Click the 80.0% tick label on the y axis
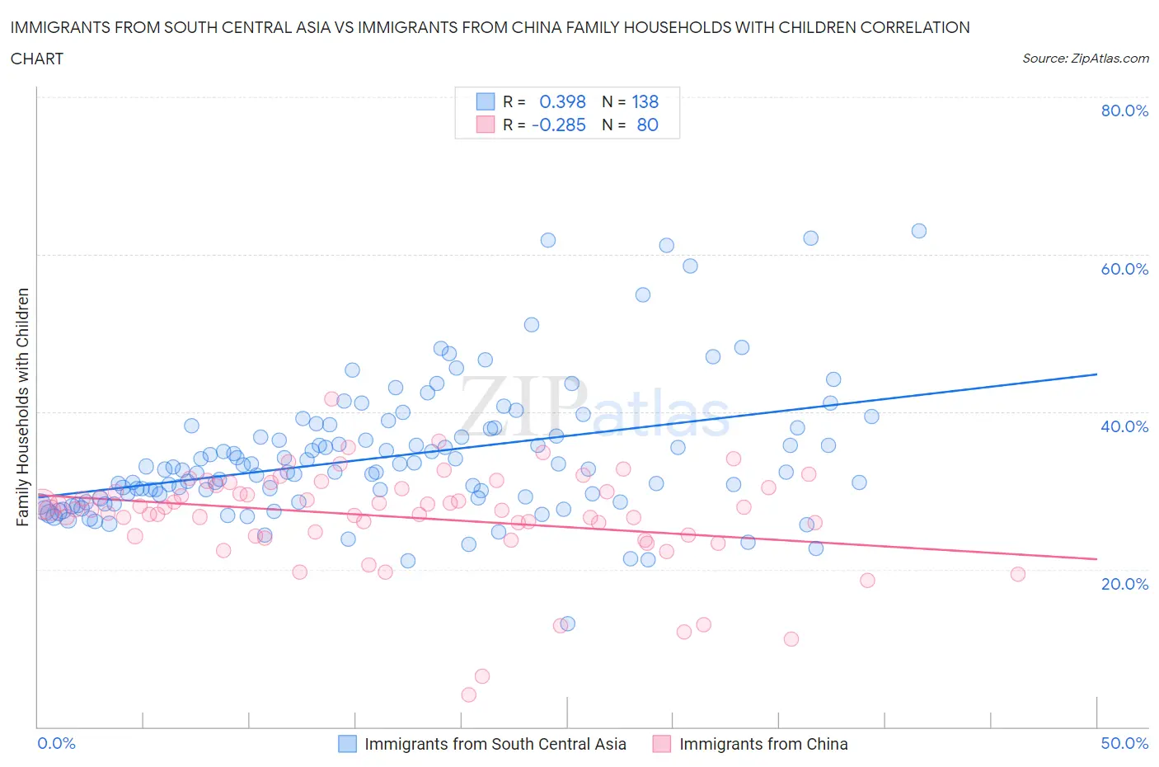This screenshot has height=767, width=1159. tap(1124, 111)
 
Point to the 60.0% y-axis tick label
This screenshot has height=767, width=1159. tap(1124, 269)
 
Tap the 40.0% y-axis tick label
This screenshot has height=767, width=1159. tap(1124, 426)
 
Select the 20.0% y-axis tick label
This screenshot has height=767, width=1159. tap(1124, 584)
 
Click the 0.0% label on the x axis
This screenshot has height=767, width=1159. tap(57, 743)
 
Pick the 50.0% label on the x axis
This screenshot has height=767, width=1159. tap(1124, 743)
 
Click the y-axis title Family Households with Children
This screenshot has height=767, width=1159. tap(23, 407)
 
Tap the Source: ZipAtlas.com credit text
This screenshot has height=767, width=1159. tap(1085, 59)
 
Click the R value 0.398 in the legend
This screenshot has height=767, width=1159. tap(562, 101)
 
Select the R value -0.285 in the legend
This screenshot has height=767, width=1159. tap(559, 125)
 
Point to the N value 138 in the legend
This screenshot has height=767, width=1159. tap(645, 101)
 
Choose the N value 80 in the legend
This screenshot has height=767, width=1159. tap(648, 125)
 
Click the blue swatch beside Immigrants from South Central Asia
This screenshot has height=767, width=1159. tap(348, 744)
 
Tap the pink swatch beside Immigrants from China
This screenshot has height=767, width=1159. tap(662, 744)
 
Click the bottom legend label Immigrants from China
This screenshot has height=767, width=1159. tap(763, 744)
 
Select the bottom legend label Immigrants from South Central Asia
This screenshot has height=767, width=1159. tap(495, 744)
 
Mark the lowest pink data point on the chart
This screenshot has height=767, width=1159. tap(469, 694)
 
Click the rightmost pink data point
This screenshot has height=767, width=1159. tap(1018, 574)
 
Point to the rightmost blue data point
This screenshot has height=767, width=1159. tap(919, 231)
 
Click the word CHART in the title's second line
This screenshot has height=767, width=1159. tap(37, 59)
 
